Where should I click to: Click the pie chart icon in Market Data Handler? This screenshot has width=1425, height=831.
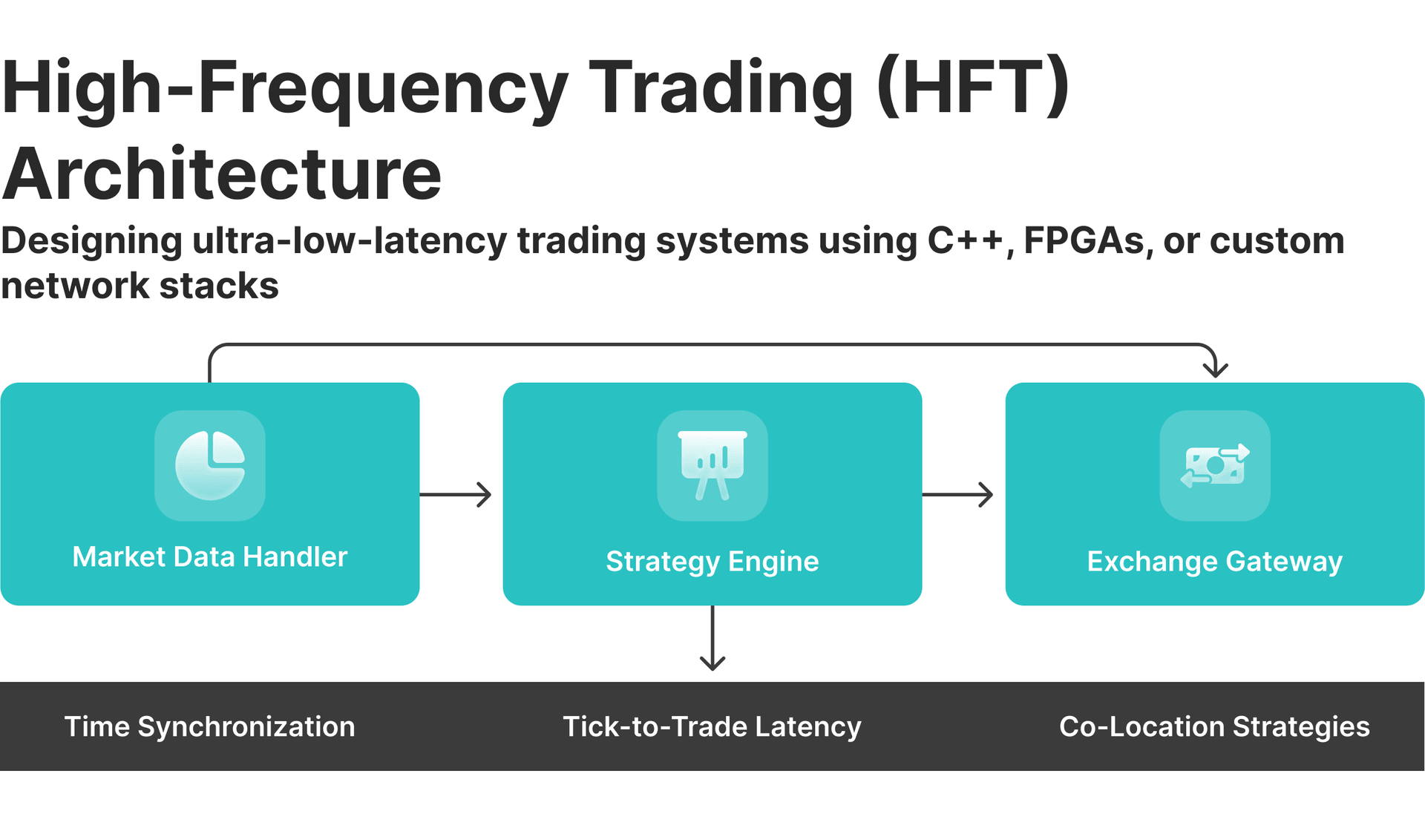pyautogui.click(x=210, y=465)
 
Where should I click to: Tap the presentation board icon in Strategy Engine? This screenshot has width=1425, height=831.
pyautogui.click(x=712, y=465)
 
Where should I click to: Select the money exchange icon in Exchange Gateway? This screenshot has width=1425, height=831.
pyautogui.click(x=1215, y=465)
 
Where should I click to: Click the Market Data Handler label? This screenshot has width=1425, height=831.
pyautogui.click(x=210, y=556)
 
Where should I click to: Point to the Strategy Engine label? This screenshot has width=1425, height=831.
pyautogui.click(x=712, y=561)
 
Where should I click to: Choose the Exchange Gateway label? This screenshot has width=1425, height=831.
pyautogui.click(x=1215, y=561)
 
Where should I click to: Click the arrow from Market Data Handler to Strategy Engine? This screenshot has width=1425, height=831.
pyautogui.click(x=456, y=494)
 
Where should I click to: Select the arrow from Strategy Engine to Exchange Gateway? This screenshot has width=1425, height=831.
pyautogui.click(x=958, y=494)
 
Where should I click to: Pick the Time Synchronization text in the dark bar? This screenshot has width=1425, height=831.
pyautogui.click(x=210, y=726)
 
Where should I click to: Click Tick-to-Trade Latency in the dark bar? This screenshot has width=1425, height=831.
pyautogui.click(x=712, y=726)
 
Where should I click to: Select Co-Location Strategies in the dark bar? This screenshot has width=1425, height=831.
pyautogui.click(x=1214, y=726)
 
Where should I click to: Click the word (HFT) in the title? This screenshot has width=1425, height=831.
pyautogui.click(x=973, y=88)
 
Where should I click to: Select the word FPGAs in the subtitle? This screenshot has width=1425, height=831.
pyautogui.click(x=1084, y=240)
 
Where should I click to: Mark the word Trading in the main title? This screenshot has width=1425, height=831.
pyautogui.click(x=721, y=88)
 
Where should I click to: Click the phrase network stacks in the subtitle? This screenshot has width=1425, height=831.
pyautogui.click(x=140, y=286)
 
